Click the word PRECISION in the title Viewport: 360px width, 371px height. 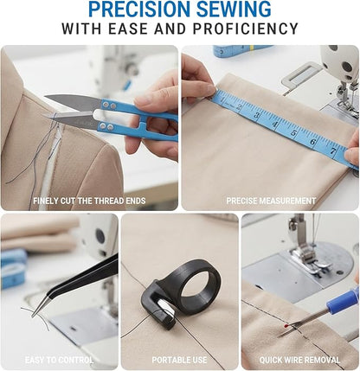coord(138,10)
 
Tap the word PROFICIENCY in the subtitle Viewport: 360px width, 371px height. coord(251,29)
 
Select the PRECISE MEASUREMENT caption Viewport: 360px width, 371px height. coord(271,201)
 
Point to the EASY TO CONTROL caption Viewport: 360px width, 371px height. coord(58,360)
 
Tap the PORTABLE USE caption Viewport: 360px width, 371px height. coord(179,360)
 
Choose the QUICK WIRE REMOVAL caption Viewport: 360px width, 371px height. coord(299,360)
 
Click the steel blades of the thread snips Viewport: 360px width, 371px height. coord(74,109)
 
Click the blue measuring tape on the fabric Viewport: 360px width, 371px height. coord(277,125)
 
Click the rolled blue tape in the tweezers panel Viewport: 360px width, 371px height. coord(13,268)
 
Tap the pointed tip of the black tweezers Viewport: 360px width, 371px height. coord(35,312)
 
